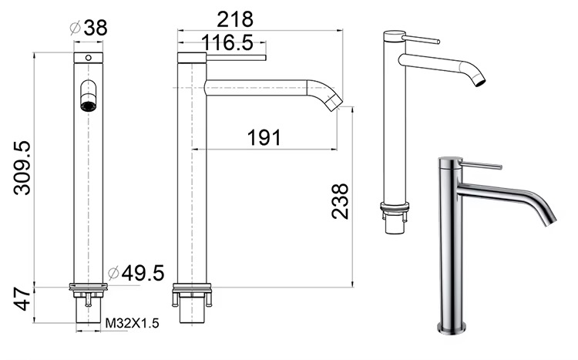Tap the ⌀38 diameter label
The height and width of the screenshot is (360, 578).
[x=88, y=29]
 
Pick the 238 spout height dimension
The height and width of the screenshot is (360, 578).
[x=340, y=201]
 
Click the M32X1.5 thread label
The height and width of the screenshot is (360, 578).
[x=133, y=324]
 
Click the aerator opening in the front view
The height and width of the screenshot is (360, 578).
[x=89, y=103]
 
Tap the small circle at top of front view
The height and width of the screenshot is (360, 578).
[x=88, y=58]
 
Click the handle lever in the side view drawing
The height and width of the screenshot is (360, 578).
[x=235, y=57]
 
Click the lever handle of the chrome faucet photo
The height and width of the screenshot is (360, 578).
[x=481, y=165]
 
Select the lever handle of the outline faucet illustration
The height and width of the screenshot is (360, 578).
[x=421, y=38]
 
